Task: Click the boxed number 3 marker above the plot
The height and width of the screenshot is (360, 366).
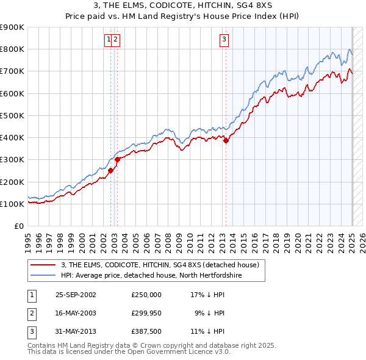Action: pos(224,40)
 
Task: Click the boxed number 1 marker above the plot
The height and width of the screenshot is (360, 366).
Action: pos(109,40)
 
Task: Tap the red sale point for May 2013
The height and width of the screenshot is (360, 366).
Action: pos(226,140)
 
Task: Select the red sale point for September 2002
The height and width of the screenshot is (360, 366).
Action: pos(111,171)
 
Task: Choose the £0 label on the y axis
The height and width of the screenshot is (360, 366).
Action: pos(20,226)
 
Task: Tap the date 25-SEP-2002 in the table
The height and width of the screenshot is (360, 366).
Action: pos(76,294)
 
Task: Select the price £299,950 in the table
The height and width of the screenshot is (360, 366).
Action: pos(146,313)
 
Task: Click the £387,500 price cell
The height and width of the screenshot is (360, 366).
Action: pos(146,332)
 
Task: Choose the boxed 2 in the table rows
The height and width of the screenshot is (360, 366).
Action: pos(31,313)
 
